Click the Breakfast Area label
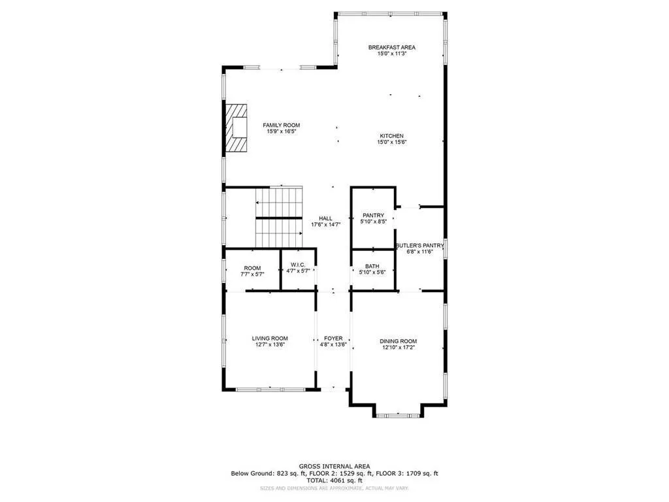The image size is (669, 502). [391, 47]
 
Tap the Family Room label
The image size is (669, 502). [281, 125]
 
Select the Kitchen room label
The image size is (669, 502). [392, 136]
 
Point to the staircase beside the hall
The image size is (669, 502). [279, 217]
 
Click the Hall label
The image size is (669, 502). [325, 218]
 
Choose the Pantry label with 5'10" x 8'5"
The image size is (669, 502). [373, 215]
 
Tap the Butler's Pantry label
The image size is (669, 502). [419, 246]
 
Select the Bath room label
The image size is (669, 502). [372, 266]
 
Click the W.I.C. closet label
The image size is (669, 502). [297, 265]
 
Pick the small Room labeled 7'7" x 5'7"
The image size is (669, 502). [252, 268]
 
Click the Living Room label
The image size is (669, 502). [270, 339]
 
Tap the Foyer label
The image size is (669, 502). [333, 339]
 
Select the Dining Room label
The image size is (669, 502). [399, 341]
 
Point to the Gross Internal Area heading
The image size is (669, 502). [334, 466]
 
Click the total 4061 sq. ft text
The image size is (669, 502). [334, 480]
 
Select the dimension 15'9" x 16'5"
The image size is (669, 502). [281, 131]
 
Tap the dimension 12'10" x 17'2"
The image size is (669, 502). [399, 348]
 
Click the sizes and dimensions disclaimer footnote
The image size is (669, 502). [334, 488]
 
